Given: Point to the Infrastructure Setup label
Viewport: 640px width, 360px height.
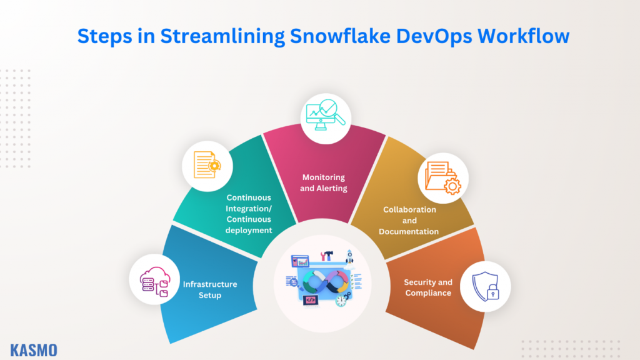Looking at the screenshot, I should pyautogui.click(x=210, y=289).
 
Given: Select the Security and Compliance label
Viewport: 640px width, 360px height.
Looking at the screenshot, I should pyautogui.click(x=428, y=287).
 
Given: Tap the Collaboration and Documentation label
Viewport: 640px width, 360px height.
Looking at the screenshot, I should pyautogui.click(x=409, y=220).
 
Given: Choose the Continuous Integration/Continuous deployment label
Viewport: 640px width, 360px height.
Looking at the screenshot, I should pyautogui.click(x=249, y=214).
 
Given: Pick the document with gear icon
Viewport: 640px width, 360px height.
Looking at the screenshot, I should pyautogui.click(x=207, y=166).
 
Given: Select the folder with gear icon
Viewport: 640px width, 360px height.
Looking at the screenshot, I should pyautogui.click(x=442, y=178).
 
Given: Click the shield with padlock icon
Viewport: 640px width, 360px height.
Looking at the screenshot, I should pyautogui.click(x=485, y=287).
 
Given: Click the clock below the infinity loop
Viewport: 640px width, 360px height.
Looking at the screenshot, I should pyautogui.click(x=341, y=300).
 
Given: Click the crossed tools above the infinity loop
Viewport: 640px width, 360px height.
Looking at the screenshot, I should pyautogui.click(x=326, y=256).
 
